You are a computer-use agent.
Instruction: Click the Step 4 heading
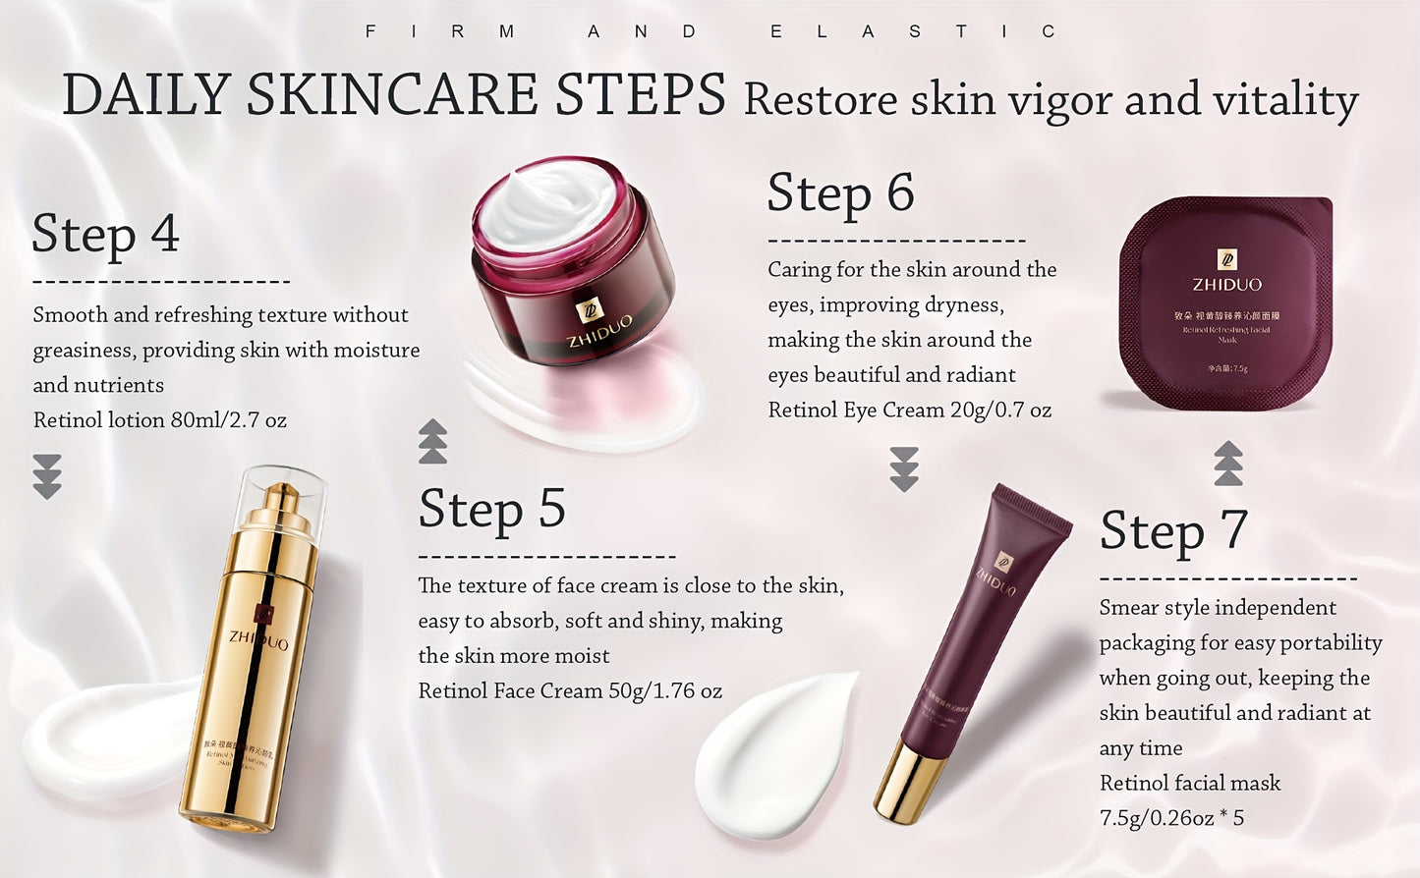coord(106,234)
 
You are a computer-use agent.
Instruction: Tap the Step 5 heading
coord(491,509)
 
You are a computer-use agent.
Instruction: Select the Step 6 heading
coord(840,192)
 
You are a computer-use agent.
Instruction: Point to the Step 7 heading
coord(1173,531)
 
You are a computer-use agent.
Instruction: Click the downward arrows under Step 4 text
coord(47,476)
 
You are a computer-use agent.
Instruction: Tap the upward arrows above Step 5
coord(432,441)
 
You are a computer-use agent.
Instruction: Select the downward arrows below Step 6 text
coord(904,468)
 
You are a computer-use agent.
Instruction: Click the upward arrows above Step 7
coord(1228,464)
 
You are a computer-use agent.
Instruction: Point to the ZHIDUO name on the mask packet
coord(1226,285)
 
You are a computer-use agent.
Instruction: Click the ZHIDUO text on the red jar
coord(599,331)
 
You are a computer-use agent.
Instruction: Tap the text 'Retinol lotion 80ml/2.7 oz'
coord(160,420)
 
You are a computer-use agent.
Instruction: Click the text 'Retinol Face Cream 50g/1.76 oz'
coord(570,691)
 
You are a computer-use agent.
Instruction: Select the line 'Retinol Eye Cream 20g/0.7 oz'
coord(909,411)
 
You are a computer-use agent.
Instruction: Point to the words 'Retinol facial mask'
coord(1189,784)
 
